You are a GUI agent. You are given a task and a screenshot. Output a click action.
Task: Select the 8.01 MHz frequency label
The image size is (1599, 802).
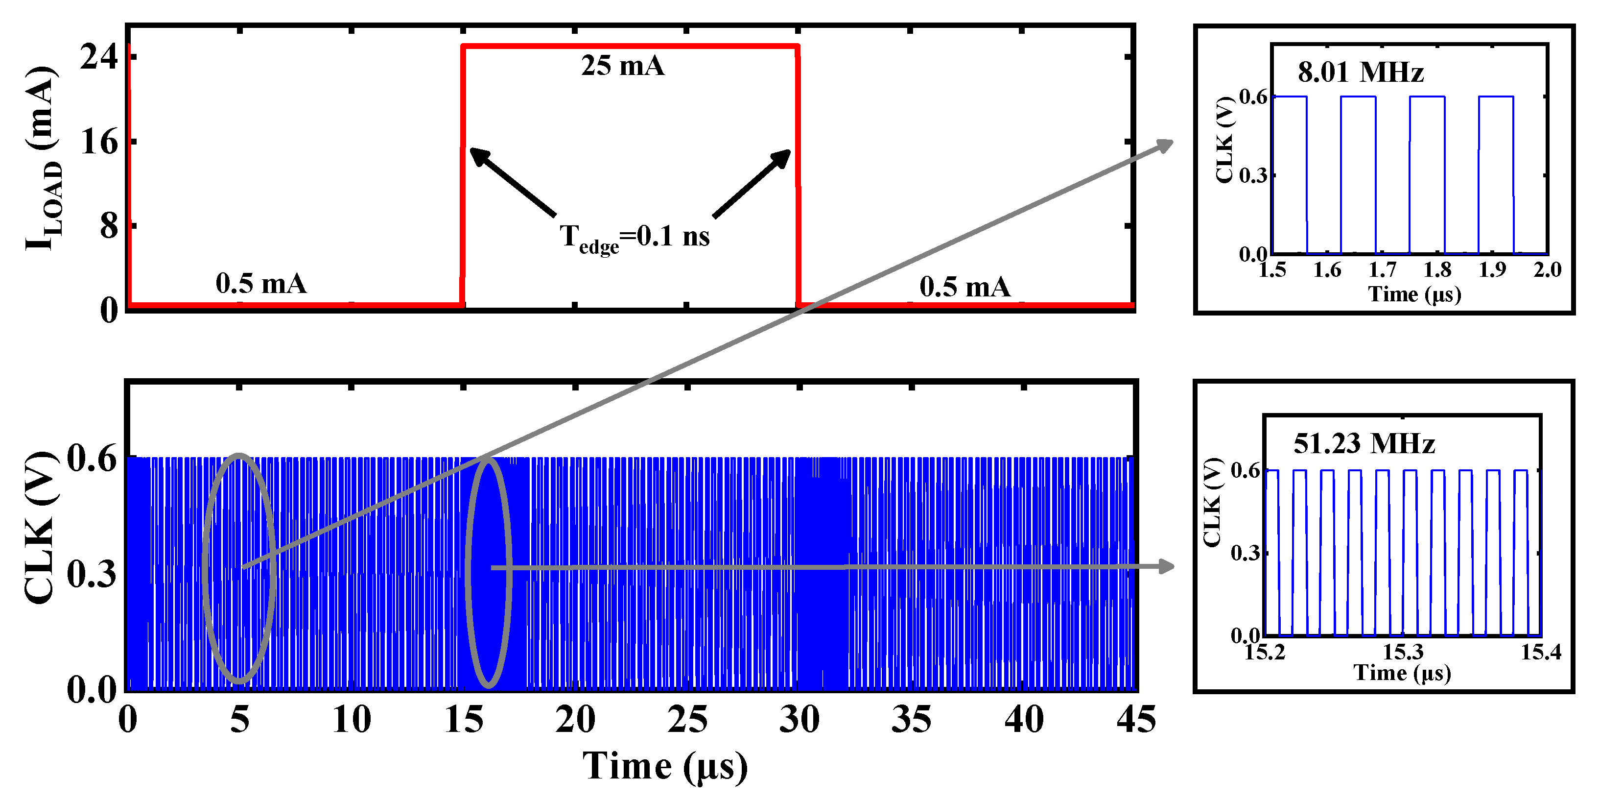tap(1360, 73)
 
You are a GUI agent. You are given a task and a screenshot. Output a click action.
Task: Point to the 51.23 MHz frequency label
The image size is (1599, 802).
tap(1364, 443)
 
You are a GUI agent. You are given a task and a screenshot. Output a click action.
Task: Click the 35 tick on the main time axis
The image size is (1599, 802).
tap(911, 720)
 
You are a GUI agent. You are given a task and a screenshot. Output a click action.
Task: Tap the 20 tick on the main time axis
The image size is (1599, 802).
tap(575, 720)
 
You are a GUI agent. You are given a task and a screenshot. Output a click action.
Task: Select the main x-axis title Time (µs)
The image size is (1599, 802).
tap(664, 766)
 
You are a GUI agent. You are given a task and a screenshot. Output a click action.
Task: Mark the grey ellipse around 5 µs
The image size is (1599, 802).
tap(206, 568)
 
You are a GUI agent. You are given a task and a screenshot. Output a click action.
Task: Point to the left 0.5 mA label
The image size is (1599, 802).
tap(260, 284)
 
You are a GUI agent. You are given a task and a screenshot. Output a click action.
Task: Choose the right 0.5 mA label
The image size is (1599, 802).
tap(964, 287)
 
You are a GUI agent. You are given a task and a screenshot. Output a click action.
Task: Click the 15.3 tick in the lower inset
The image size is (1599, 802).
tap(1403, 652)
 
